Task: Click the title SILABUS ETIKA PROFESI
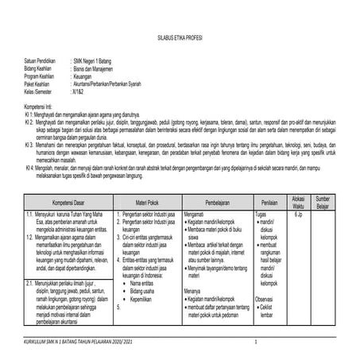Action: pyautogui.click(x=180, y=37)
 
